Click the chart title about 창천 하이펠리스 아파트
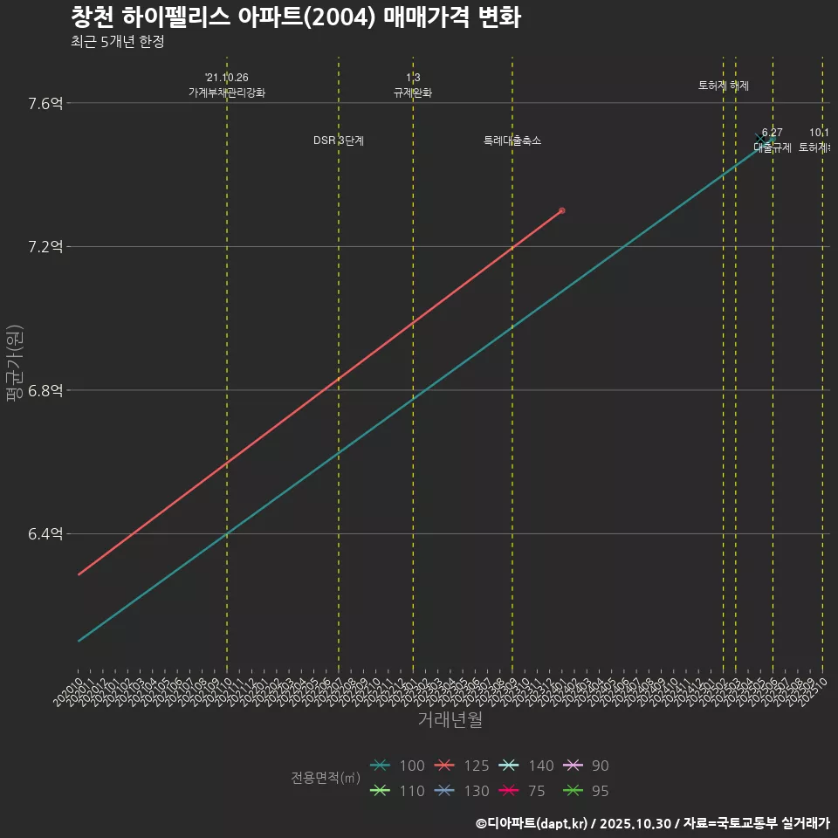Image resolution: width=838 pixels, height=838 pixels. click(295, 17)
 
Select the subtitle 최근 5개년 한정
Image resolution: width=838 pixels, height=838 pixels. click(117, 41)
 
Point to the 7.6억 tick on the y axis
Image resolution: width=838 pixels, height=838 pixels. click(45, 104)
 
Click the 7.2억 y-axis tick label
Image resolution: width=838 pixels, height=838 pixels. click(45, 247)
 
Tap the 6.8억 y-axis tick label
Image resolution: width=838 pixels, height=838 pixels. click(45, 390)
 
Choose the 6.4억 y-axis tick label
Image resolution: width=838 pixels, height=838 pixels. click(45, 533)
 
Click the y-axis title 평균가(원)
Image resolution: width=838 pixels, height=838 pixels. click(15, 362)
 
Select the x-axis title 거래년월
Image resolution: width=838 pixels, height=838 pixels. click(450, 720)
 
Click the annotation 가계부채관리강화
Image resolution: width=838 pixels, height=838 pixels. click(227, 93)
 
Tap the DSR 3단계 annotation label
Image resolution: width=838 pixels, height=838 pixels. click(339, 141)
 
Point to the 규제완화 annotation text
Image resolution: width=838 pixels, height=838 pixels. click(413, 93)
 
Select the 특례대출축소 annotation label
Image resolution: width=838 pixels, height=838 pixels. click(512, 141)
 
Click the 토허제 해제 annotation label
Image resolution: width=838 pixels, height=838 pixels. click(724, 86)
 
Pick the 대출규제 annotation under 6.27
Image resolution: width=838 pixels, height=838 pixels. click(773, 148)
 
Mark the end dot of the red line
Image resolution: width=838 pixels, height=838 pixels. click(561, 210)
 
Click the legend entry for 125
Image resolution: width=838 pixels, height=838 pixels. click(464, 766)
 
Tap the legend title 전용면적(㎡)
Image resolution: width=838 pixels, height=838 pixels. click(326, 778)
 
